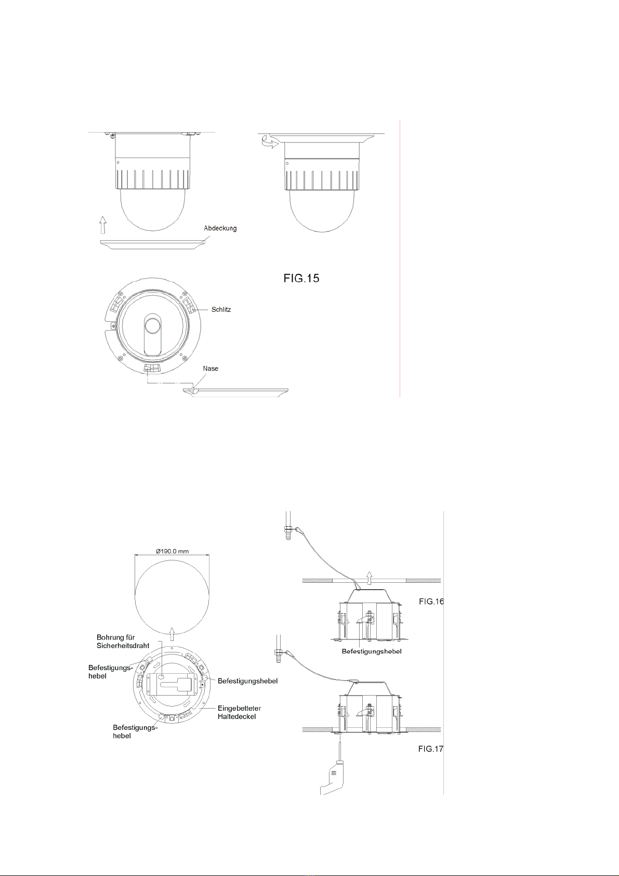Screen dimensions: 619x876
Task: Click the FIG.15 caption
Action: tap(301, 278)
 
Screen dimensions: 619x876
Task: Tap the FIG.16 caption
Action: tap(431, 601)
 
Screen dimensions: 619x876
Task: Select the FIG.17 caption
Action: tap(430, 749)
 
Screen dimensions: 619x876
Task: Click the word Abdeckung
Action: tap(220, 228)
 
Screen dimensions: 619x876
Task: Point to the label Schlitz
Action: tap(221, 309)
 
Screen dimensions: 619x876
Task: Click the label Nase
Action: tap(210, 369)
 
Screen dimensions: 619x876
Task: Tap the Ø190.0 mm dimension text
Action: tap(173, 551)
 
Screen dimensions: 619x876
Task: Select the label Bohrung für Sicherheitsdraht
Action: tap(123, 642)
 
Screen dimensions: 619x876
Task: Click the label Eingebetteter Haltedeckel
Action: tap(239, 712)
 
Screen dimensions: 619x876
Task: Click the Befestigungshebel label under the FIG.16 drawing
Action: tap(372, 651)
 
